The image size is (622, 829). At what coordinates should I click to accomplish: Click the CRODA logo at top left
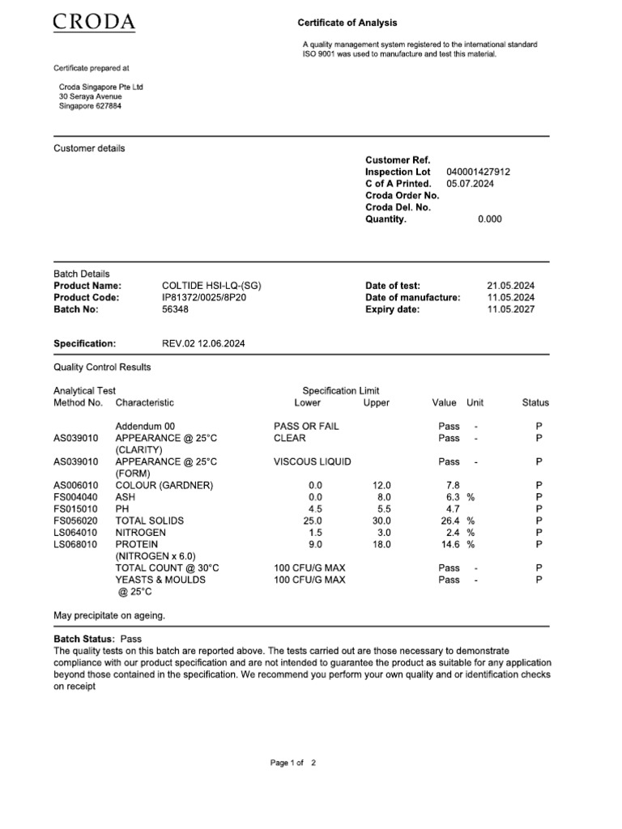(x=94, y=22)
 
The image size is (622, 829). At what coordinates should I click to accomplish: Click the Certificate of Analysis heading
(x=347, y=23)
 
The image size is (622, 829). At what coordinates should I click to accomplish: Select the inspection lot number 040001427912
(x=478, y=172)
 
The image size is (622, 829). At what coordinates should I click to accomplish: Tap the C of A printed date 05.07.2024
(x=470, y=184)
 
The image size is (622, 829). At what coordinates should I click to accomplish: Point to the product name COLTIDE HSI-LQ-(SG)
(x=211, y=286)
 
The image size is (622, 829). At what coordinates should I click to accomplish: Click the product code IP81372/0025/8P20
(x=204, y=297)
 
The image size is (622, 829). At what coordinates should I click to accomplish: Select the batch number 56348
(x=176, y=309)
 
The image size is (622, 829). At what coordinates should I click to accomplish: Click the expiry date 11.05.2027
(x=510, y=309)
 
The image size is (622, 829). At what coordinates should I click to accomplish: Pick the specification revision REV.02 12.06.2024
(x=203, y=344)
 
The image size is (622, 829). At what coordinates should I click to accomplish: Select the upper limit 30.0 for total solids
(x=381, y=521)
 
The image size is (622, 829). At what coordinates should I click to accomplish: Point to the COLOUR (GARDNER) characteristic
(x=164, y=486)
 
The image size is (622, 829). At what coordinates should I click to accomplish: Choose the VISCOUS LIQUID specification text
(x=313, y=462)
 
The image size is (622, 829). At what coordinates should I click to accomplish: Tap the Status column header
(x=535, y=402)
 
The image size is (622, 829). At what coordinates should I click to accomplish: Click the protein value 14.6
(x=449, y=545)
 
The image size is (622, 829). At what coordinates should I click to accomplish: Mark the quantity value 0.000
(x=489, y=219)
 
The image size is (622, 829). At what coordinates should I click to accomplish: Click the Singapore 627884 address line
(x=90, y=106)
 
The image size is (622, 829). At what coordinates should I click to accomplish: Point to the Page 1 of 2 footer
(x=292, y=763)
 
